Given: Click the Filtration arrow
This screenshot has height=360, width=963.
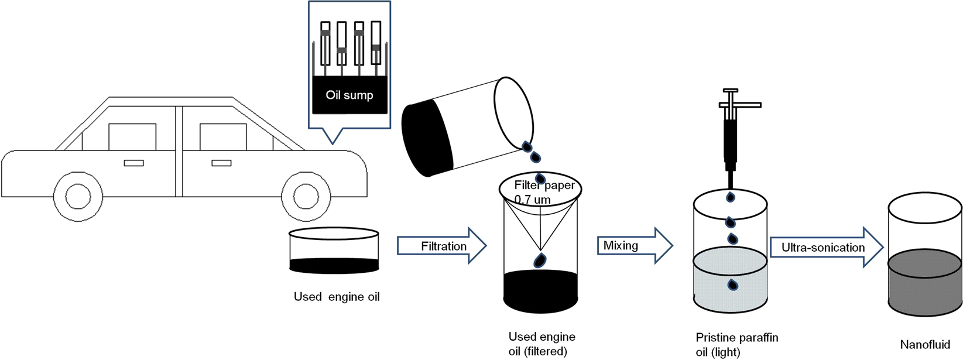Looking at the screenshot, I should pos(442,246).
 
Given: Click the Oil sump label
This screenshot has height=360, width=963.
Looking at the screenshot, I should pos(349,95).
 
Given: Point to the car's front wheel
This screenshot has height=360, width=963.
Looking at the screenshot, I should pos(306,196).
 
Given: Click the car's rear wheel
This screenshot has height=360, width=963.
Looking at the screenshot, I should pos(78,196).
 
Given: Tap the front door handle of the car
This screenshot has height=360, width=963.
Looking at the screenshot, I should pos(221,163).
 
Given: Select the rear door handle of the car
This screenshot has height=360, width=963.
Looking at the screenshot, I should pos(133,163).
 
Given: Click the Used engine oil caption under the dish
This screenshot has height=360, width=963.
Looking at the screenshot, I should pos(337,297).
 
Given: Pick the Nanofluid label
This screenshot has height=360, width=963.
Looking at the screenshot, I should pos(924,345).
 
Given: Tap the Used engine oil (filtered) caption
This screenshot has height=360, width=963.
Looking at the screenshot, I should pos(542,344).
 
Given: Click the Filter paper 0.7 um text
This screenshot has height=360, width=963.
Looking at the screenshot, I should pos(543,192).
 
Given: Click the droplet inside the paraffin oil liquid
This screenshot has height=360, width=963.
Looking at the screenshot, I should pos(732,285).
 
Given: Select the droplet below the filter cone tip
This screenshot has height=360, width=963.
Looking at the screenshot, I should pos(540,260).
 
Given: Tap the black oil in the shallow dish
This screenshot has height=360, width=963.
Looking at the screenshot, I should pos(334,266).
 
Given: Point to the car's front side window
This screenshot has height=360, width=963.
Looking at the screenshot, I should pos(223,136).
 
